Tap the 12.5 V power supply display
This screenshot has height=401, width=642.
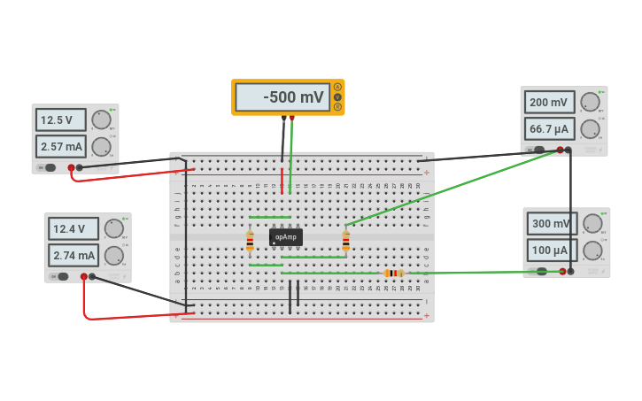click(60, 120)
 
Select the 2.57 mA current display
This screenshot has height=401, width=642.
click(60, 146)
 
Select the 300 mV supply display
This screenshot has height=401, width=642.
click(551, 224)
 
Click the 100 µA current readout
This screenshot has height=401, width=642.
click(551, 251)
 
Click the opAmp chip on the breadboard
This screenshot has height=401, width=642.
click(286, 237)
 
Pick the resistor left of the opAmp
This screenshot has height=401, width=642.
click(250, 239)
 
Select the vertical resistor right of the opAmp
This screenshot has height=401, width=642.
click(345, 239)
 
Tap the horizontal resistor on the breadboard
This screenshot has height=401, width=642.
click(394, 274)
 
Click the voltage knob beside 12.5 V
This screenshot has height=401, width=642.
click(102, 119)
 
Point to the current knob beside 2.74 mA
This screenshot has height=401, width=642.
click(114, 256)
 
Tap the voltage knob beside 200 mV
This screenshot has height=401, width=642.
click(590, 102)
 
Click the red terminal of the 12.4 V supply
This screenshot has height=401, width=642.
click(84, 276)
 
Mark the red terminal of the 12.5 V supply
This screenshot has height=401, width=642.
click(71, 167)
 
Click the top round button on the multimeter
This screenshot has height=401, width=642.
click(337, 87)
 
